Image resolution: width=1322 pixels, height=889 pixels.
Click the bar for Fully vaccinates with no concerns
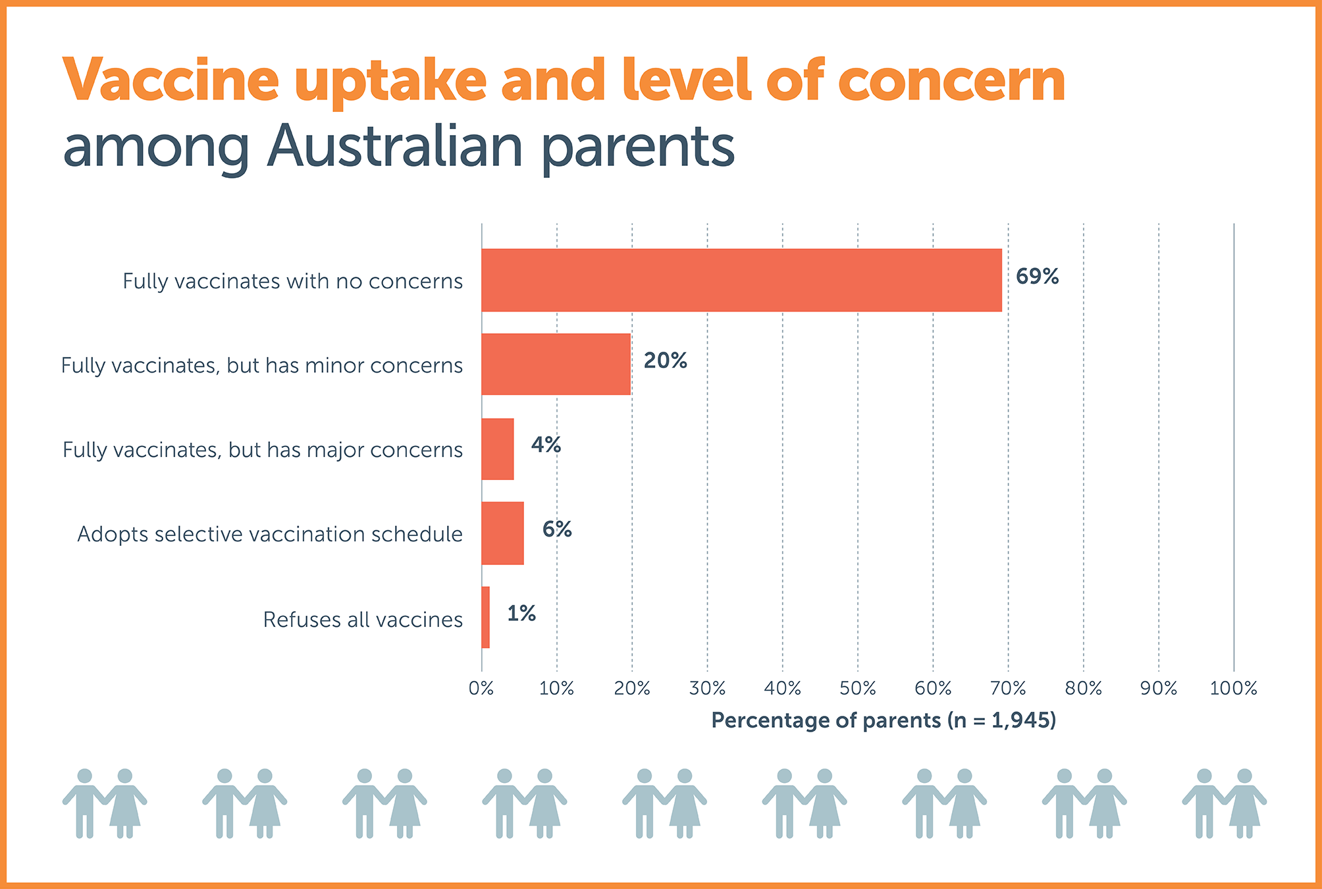741,280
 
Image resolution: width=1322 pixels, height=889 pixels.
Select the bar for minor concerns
556,364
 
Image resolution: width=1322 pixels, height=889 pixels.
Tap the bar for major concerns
497,449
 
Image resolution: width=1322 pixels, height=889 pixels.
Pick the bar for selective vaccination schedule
502,533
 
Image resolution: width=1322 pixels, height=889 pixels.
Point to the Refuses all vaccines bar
485,618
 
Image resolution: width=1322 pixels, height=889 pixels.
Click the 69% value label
1037,277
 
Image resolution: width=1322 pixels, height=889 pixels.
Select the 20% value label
665,361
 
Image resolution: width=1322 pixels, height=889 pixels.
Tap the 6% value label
557,529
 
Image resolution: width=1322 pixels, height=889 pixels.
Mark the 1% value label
521,614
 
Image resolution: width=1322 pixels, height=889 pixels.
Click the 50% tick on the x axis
857,689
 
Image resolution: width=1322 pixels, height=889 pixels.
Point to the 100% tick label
1233,689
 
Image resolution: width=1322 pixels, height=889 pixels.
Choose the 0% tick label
481,689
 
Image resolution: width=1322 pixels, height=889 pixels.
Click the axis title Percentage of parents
884,720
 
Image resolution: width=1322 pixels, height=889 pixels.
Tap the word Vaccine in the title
171,81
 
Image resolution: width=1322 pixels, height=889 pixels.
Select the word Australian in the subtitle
395,146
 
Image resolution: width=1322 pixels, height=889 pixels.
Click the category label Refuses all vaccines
363,620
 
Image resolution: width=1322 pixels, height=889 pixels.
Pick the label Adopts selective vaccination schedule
270,534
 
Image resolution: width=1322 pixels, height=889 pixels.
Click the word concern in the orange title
951,81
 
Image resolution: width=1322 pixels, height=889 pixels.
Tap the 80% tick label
1083,689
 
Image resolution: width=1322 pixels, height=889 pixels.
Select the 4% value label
546,445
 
